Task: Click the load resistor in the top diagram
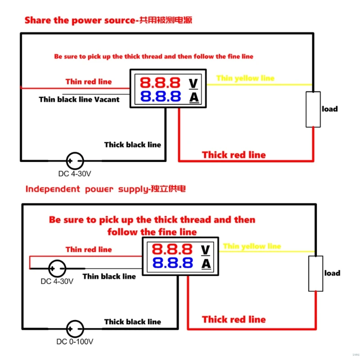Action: [x=313, y=109]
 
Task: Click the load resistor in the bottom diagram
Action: [x=315, y=273]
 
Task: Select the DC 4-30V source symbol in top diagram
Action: [x=75, y=160]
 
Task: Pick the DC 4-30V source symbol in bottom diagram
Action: [x=57, y=269]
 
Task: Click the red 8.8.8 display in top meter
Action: [x=160, y=83]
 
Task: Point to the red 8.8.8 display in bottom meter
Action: [x=172, y=249]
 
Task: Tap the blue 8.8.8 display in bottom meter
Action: [x=172, y=263]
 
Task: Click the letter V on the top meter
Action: [x=193, y=83]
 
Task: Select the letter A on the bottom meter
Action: [x=205, y=264]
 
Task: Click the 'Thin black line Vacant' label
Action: [x=79, y=99]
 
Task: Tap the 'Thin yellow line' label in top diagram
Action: [x=245, y=78]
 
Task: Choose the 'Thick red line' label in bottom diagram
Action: [x=234, y=319]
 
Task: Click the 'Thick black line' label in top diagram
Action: [x=132, y=144]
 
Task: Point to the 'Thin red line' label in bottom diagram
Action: [x=89, y=249]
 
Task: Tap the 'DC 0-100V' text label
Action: [x=75, y=342]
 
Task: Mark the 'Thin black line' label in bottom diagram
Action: [x=109, y=276]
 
